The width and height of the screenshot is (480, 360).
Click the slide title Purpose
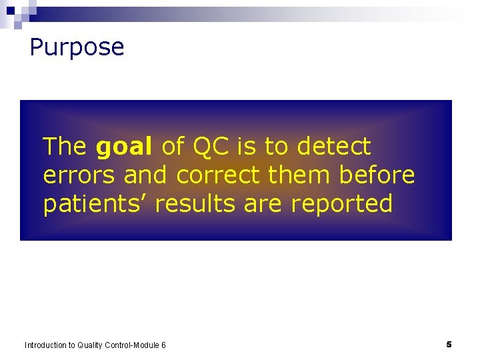tap(77, 47)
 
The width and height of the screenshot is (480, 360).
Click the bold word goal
tap(125, 146)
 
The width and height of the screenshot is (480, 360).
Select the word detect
tap(334, 146)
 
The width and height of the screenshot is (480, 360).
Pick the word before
tap(377, 175)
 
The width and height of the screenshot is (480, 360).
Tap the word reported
tap(341, 204)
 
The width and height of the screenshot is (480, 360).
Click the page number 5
tap(449, 345)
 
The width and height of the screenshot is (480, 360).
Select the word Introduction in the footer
tap(46, 345)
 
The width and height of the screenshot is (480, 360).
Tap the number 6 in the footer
tap(163, 345)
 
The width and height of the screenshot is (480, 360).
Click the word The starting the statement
tap(65, 146)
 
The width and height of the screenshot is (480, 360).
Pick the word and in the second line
tap(147, 175)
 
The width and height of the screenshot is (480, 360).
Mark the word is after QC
tap(247, 146)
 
